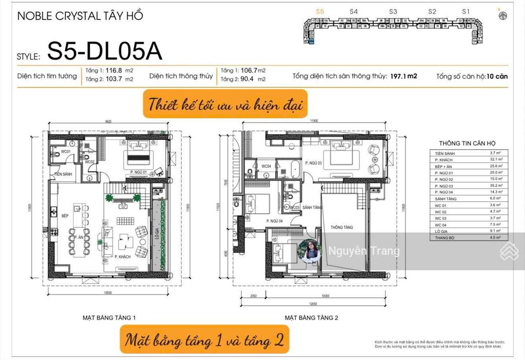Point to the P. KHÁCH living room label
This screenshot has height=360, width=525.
[123, 255]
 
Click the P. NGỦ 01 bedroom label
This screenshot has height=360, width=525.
[138, 172]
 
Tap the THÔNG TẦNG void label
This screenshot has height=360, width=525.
[339, 227]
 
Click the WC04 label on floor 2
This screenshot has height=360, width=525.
[266, 166]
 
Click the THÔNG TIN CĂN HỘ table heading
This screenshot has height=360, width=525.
[467, 144]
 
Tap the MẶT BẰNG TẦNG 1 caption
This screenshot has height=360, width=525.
[109, 318]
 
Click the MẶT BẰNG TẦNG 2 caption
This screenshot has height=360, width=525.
[312, 318]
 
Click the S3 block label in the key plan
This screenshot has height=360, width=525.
[393, 11]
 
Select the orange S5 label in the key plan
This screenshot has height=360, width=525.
[320, 11]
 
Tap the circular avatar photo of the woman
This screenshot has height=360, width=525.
[310, 251]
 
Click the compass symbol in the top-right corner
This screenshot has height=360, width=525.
[502, 15]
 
